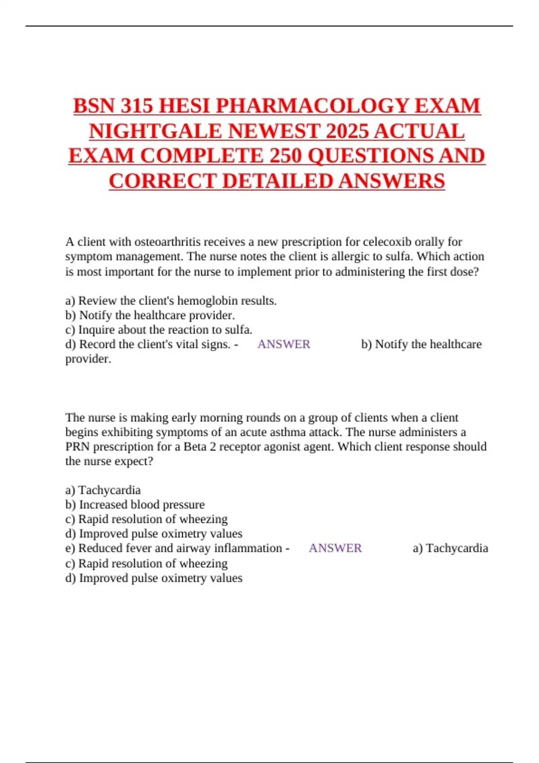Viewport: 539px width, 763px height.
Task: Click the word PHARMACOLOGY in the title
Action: tap(313, 106)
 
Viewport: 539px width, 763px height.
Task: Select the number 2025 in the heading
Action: tap(347, 131)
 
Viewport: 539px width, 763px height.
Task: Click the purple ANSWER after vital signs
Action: tap(284, 344)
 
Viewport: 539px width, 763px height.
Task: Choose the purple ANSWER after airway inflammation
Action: tap(335, 548)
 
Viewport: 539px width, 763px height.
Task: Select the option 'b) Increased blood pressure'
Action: tap(135, 504)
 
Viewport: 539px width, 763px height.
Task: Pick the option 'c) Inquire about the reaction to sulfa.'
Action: tap(159, 330)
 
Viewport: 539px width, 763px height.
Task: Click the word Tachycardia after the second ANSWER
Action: tap(457, 548)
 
